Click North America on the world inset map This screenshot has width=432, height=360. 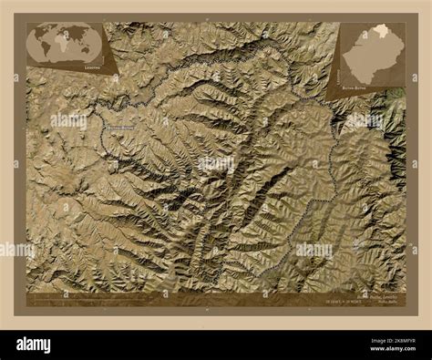point(42,35)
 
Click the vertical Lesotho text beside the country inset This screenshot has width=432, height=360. point(402,55)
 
